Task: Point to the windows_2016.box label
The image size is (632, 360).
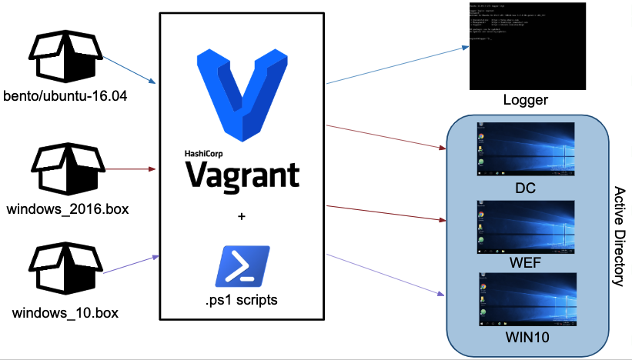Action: click(66, 208)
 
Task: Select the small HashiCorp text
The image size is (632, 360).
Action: click(202, 152)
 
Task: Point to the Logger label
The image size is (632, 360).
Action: click(524, 100)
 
